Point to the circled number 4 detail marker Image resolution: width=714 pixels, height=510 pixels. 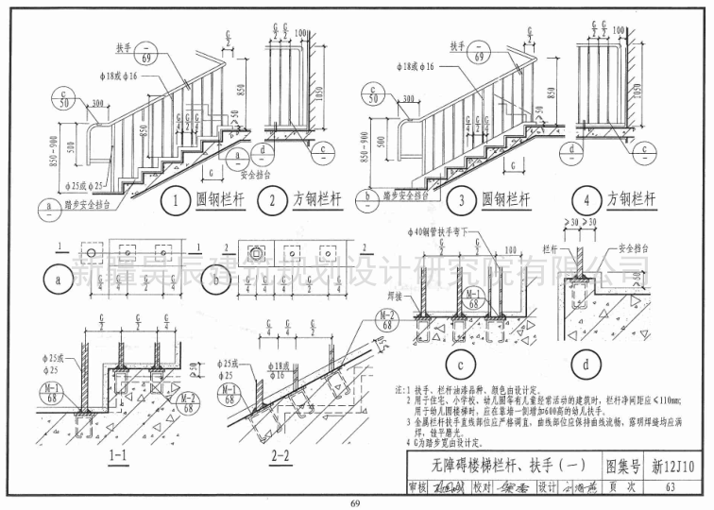[586, 200]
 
